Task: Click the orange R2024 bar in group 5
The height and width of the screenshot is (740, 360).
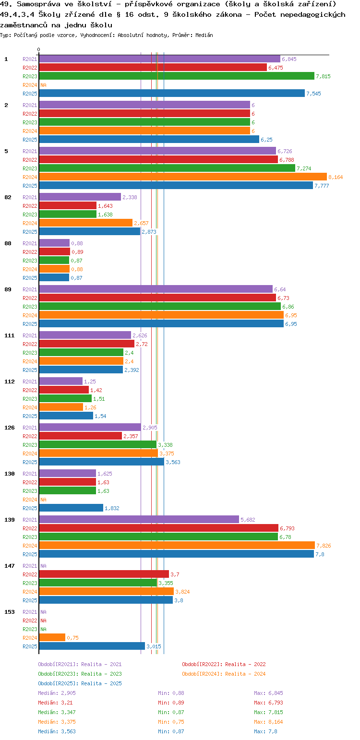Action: [182, 177]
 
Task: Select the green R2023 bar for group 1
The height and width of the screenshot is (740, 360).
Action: [176, 76]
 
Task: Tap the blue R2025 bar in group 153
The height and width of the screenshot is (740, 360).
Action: [92, 646]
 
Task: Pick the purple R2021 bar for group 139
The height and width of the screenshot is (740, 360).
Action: [139, 519]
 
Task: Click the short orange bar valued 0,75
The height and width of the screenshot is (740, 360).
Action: [52, 637]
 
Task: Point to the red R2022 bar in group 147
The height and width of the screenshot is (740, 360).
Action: [104, 574]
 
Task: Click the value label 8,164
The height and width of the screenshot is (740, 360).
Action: [336, 177]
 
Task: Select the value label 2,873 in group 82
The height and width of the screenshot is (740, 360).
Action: [149, 232]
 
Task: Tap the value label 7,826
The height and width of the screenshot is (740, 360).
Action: [324, 546]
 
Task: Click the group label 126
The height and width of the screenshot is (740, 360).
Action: [10, 428]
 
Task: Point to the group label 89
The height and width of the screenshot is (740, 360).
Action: [8, 289]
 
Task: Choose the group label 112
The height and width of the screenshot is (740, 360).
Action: [10, 382]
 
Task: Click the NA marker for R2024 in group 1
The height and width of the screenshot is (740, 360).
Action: [43, 85]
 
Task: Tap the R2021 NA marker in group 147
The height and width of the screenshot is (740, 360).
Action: [43, 566]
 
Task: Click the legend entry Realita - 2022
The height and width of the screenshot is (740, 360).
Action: [224, 664]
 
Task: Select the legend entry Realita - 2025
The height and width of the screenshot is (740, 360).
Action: [80, 683]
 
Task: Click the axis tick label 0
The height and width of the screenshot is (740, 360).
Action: [39, 49]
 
